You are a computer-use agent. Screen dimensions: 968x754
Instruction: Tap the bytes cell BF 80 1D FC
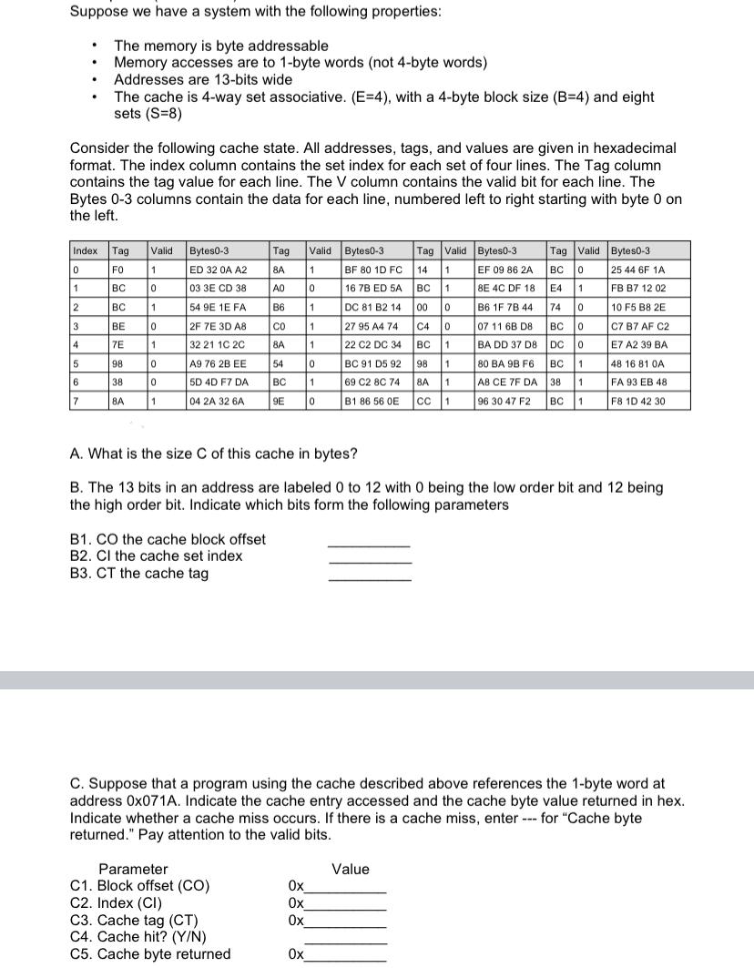point(372,270)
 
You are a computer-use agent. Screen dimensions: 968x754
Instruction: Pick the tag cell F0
point(118,270)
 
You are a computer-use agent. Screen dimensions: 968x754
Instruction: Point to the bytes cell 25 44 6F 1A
point(638,270)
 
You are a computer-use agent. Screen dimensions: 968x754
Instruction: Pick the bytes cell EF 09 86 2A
point(505,270)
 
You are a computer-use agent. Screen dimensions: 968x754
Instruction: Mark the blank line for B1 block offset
point(369,544)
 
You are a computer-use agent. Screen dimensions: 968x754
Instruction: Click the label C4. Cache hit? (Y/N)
point(138,937)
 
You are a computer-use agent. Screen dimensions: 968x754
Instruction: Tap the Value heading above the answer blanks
point(351,869)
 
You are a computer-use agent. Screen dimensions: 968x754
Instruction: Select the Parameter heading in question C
point(133,869)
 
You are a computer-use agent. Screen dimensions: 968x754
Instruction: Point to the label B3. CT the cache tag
point(139,573)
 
